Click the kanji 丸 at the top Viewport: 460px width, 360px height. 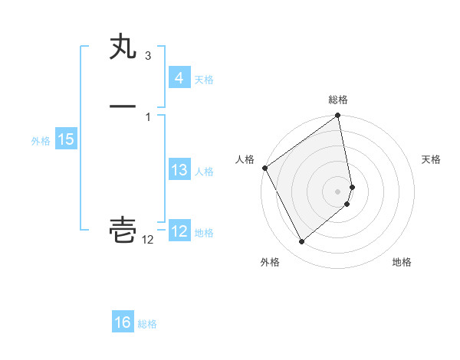(x=123, y=48)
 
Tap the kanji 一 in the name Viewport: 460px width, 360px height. (x=123, y=106)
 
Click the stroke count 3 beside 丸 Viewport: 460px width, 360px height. (x=147, y=56)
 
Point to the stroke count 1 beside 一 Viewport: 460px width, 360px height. (x=147, y=116)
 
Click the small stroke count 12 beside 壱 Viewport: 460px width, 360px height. (x=148, y=241)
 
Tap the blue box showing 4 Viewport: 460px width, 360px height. (x=179, y=77)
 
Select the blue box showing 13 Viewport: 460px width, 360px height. (x=179, y=170)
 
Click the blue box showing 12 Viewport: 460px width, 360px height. (x=179, y=231)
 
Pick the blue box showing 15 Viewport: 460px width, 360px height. (x=65, y=139)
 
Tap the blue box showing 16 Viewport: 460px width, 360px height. (x=123, y=322)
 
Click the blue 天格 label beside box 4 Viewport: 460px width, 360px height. (x=204, y=80)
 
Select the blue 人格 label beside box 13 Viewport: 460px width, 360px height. (x=204, y=172)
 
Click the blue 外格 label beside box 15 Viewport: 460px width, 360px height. (x=41, y=141)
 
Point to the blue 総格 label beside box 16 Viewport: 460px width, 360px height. (x=147, y=324)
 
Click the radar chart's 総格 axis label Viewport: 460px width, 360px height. (x=338, y=100)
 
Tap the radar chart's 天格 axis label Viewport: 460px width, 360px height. (x=431, y=159)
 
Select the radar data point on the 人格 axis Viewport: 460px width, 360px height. (x=264, y=168)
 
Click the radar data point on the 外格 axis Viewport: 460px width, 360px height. (x=301, y=242)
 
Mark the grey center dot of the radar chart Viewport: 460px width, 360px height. (x=338, y=191)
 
